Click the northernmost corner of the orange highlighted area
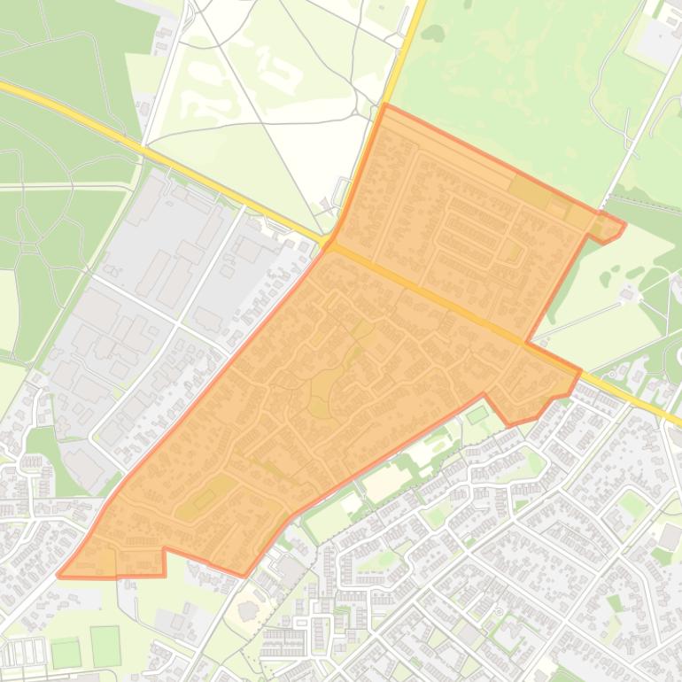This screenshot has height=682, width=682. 385,105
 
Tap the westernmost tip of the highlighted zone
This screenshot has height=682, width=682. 58,575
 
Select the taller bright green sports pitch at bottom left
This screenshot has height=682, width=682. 105,646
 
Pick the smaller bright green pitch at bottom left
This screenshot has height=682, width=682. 66,654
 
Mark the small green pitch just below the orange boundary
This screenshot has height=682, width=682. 477,414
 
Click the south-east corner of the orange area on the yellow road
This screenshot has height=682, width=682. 580,370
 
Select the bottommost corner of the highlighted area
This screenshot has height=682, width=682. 244,577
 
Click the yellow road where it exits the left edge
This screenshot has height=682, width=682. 4,86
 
